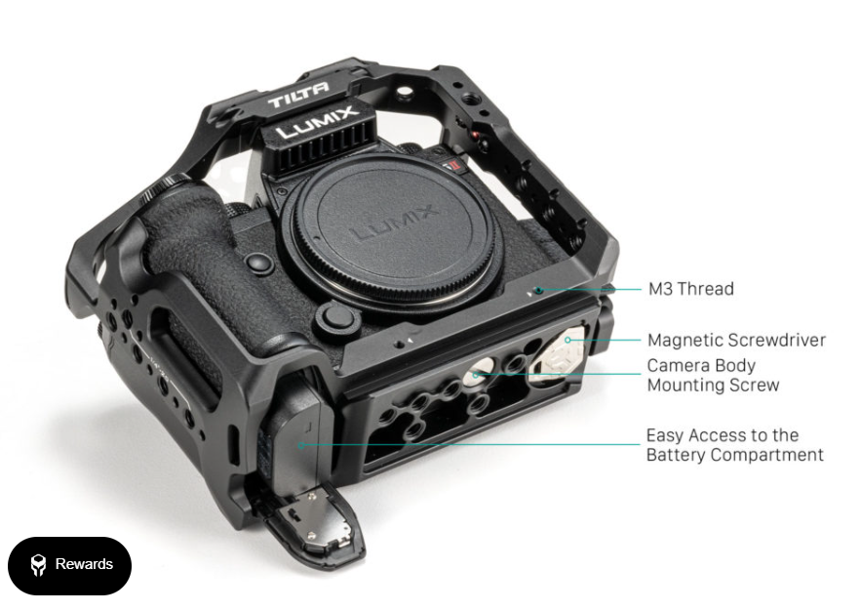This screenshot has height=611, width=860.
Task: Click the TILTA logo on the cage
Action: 298,94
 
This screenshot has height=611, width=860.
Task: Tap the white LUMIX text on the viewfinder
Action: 315,122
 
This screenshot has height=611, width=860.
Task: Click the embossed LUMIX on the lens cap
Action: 394,223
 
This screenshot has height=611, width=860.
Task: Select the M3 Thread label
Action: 690,289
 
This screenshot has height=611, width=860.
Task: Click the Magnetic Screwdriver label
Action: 736,340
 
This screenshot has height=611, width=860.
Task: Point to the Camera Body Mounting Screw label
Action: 713,375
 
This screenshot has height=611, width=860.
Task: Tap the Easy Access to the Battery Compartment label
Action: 735,445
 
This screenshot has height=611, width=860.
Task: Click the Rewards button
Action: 69,565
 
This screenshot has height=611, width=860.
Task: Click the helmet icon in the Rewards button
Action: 38,565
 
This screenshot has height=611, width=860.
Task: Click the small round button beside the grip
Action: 259,262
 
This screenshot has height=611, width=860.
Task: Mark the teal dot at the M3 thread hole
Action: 539,290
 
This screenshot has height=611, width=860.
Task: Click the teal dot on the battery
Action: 301,445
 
